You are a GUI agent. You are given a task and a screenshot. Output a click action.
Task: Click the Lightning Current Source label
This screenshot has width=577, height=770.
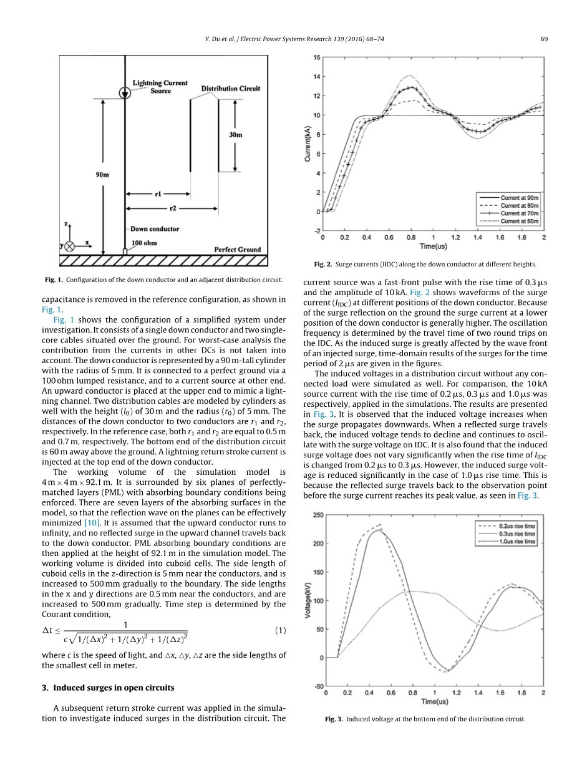click(160, 87)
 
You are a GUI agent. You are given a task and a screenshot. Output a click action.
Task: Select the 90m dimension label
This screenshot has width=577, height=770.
click(102, 175)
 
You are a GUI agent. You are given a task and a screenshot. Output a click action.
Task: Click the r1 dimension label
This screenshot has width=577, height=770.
click(158, 193)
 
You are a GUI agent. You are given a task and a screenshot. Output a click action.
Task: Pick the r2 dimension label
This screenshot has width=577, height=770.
click(173, 208)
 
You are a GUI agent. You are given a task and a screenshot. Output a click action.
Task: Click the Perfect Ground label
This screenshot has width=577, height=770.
click(237, 250)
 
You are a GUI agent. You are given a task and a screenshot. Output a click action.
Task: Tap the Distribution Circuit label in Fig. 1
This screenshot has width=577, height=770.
click(230, 89)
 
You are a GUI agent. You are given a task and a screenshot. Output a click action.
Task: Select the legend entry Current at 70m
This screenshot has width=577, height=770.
click(519, 213)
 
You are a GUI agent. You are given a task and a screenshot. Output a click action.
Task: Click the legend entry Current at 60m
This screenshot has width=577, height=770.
click(519, 221)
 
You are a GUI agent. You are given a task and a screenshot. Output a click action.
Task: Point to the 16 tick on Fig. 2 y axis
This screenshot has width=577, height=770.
click(317, 57)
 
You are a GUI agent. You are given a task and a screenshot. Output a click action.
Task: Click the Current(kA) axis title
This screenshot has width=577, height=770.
click(308, 144)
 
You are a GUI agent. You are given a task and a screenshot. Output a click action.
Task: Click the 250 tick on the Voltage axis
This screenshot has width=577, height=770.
click(318, 515)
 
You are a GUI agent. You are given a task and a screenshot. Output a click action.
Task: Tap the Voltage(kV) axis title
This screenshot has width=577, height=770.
click(308, 601)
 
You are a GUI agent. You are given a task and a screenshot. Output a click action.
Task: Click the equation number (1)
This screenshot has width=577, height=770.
click(280, 630)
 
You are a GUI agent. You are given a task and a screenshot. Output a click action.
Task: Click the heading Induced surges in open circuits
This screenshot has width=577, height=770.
click(114, 688)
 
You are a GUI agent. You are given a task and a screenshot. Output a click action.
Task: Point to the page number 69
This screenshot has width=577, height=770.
click(544, 39)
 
